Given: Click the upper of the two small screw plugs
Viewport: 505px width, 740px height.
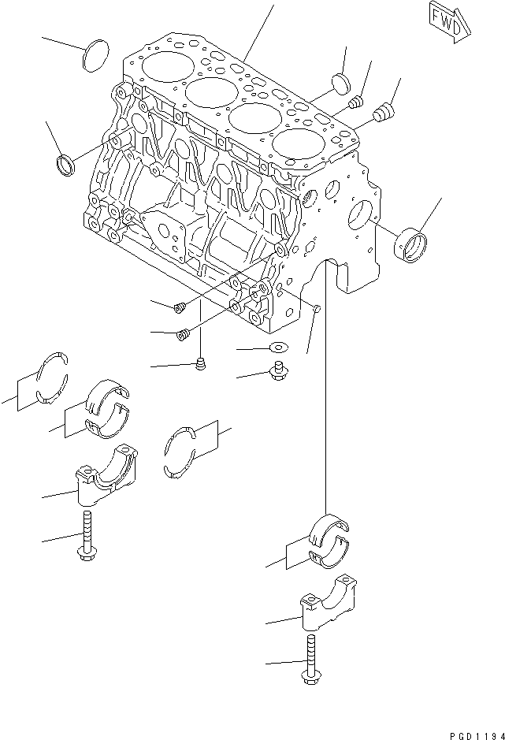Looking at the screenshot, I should [x=180, y=307].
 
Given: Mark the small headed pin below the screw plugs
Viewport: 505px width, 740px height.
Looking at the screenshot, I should [x=201, y=364].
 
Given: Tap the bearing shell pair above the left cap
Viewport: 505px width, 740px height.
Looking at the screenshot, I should [x=107, y=407].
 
